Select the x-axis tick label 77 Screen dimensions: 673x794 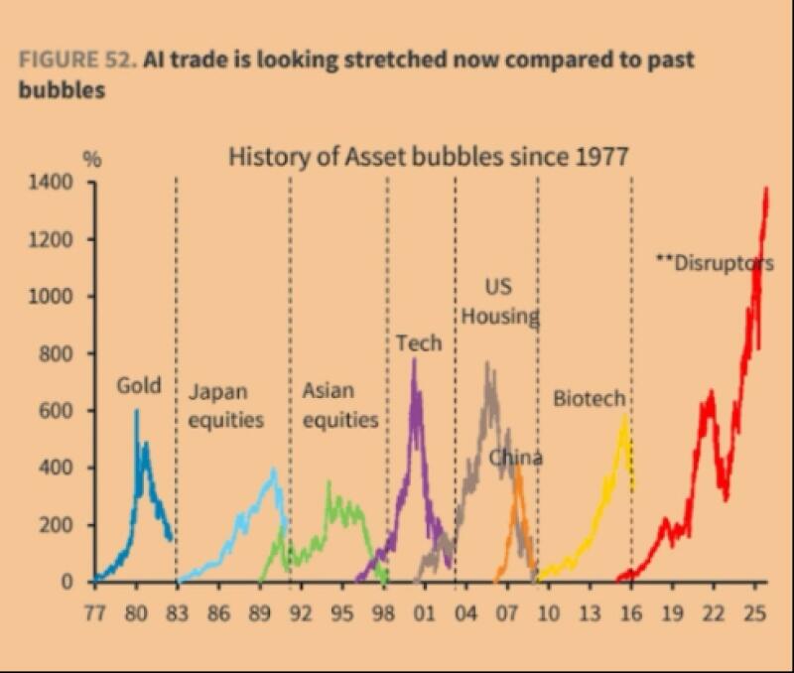coord(94,611)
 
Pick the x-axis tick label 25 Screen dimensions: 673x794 coord(754,611)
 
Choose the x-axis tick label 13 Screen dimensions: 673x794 coord(590,611)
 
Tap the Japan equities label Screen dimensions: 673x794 coord(226,405)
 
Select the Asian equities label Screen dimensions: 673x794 coord(339,405)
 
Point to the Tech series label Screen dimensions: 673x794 coord(419,343)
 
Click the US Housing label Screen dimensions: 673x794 coord(500,303)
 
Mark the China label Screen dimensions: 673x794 coord(516,458)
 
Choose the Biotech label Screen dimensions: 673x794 coord(590,399)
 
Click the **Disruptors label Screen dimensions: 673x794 coord(715,263)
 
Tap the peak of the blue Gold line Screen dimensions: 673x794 coord(137,410)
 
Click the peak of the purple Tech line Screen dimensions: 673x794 coord(414,360)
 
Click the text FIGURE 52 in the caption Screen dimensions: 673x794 coord(75,60)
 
